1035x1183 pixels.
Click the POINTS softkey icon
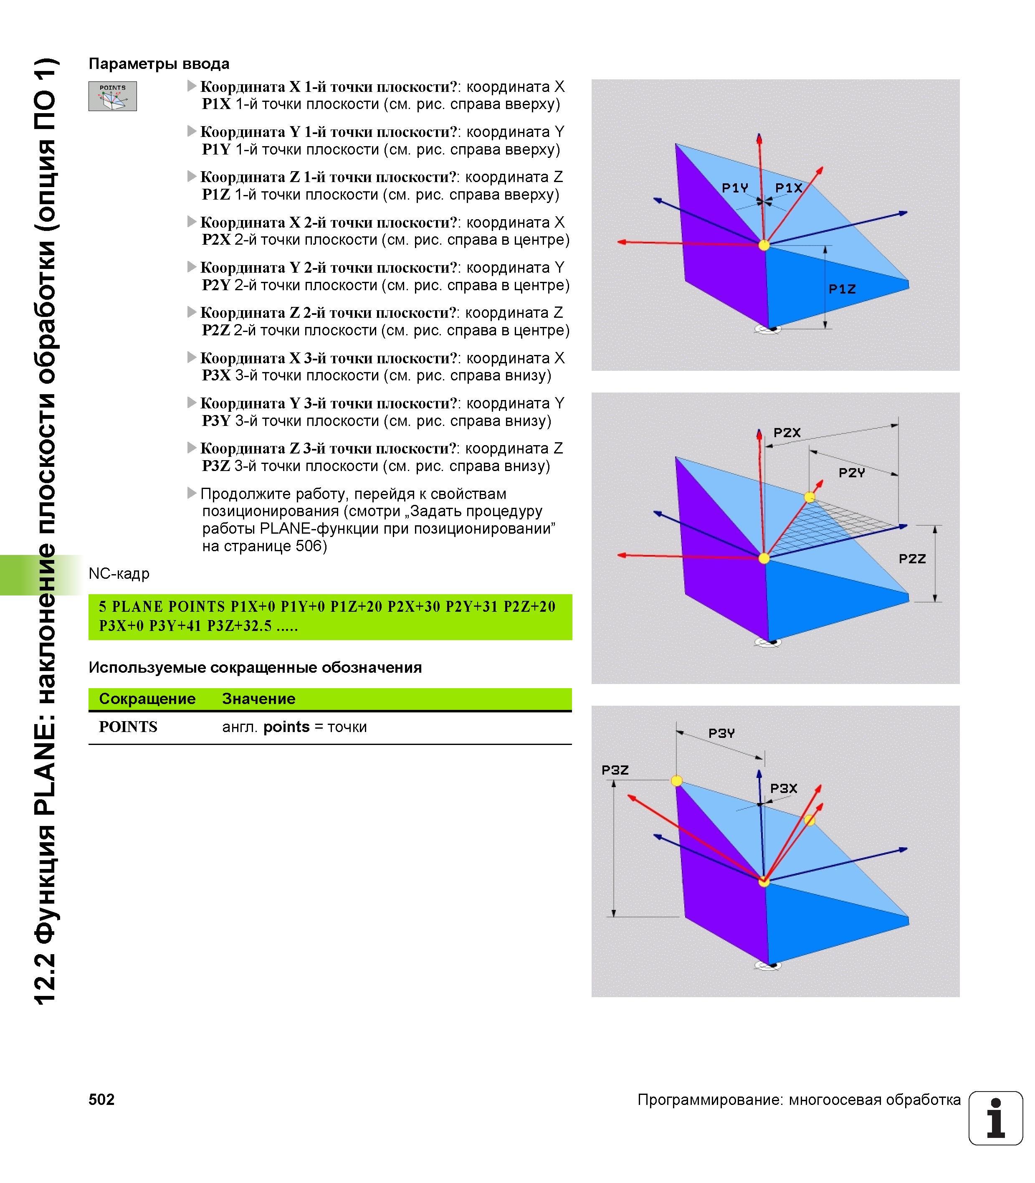coord(113,96)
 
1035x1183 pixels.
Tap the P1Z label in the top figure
coord(842,289)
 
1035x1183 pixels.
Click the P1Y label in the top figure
coord(735,188)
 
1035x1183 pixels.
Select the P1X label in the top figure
coord(788,188)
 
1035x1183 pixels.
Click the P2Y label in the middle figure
coord(852,473)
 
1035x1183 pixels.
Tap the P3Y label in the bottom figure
coord(721,733)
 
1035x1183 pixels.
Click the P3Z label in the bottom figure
coord(615,770)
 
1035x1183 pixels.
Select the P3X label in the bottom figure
coord(784,788)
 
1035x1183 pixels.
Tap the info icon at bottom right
coord(996,1118)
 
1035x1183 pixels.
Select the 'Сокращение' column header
coord(147,698)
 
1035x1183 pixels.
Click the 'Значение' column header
coord(259,698)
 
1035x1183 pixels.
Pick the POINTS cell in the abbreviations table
coord(128,727)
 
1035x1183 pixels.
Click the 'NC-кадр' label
coord(119,574)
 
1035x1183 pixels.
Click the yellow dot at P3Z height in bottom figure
coord(676,781)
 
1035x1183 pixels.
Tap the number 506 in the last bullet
coord(309,546)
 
